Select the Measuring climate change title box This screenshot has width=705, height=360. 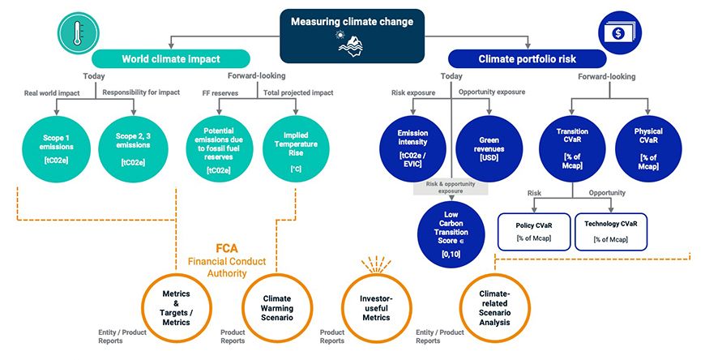[x=352, y=35]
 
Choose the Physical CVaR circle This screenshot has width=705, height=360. [x=648, y=145]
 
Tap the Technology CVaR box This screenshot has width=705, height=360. [x=610, y=230]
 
